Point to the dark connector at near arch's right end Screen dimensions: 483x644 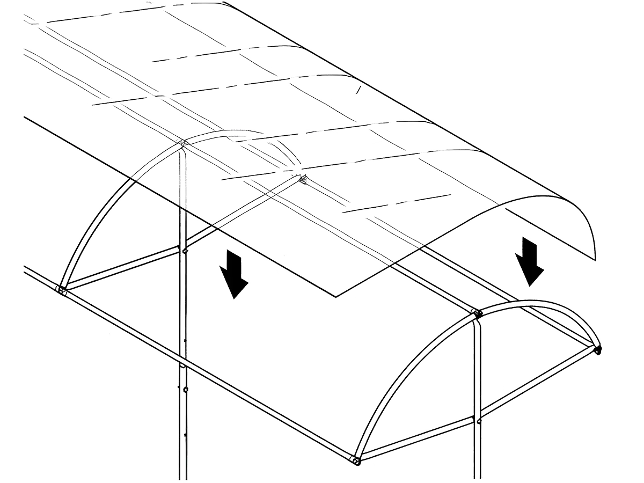coord(597,350)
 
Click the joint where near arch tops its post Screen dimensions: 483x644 coord(476,312)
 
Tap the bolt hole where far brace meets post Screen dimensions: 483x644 coord(183,249)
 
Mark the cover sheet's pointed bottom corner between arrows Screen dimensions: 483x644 coord(336,296)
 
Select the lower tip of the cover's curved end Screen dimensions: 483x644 coord(596,260)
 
